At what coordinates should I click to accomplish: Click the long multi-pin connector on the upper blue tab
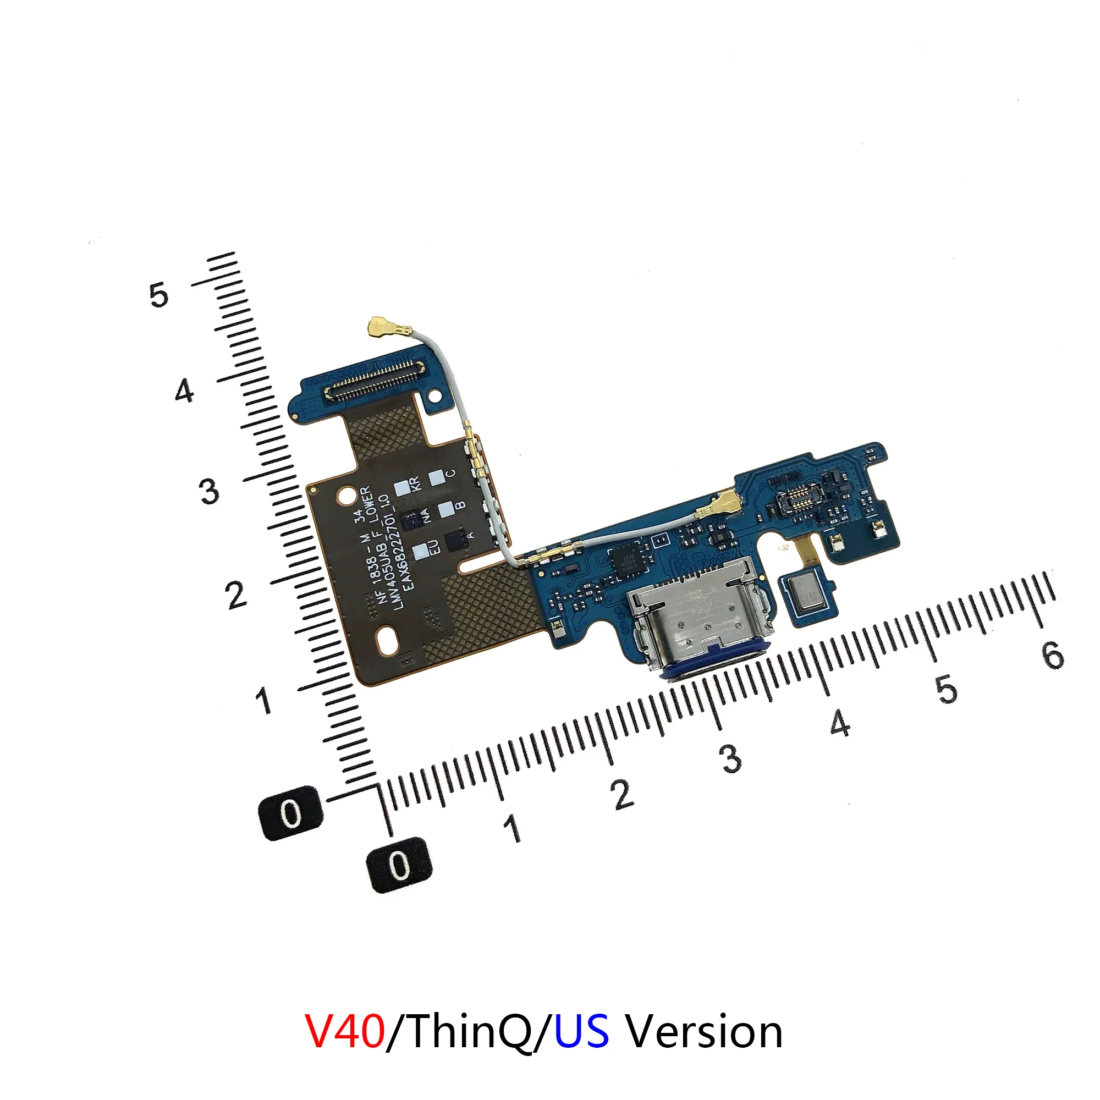[373, 378]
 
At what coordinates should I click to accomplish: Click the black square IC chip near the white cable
[627, 556]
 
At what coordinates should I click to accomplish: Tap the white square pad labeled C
[437, 479]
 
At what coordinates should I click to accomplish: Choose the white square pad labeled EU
[422, 551]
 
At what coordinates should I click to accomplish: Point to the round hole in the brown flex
[345, 497]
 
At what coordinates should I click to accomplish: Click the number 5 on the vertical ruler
[159, 295]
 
